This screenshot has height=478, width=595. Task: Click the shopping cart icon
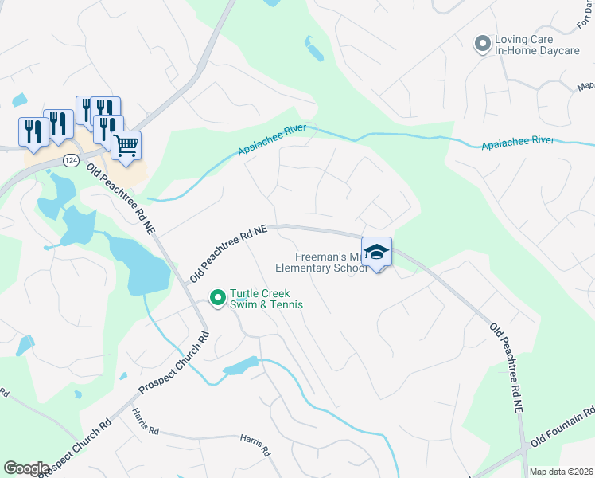[x=126, y=146]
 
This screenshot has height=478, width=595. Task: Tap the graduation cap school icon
[x=376, y=253]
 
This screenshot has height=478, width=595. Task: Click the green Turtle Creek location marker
[x=217, y=299]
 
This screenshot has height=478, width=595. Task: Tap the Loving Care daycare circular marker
[x=481, y=43]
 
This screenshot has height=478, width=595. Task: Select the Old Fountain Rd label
[x=561, y=429]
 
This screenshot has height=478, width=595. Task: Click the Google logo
[x=26, y=468]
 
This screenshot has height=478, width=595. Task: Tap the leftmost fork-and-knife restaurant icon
[x=33, y=132]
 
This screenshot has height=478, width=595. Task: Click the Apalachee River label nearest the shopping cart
[x=271, y=141]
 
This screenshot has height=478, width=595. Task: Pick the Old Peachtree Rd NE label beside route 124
[x=121, y=199]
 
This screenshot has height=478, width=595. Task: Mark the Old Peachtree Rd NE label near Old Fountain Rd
[x=507, y=366]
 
